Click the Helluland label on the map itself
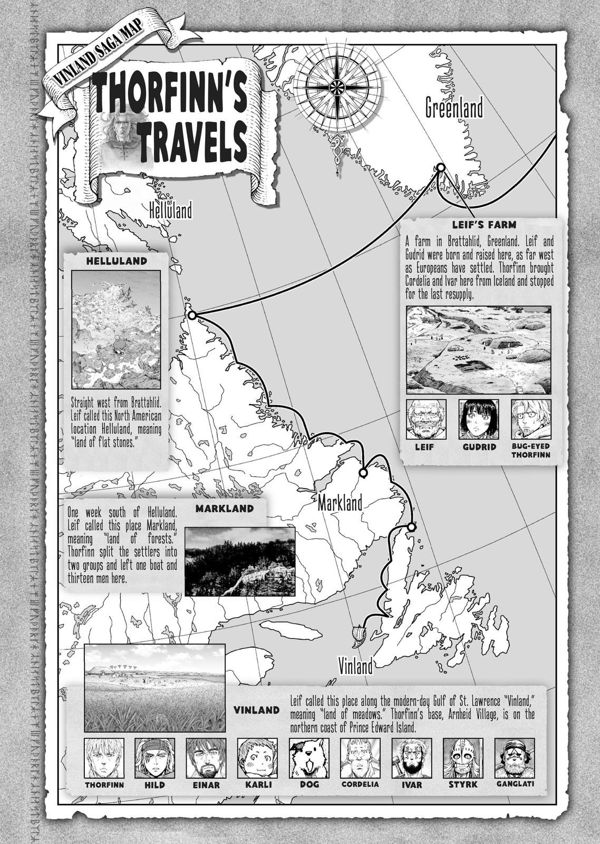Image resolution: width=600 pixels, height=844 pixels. point(170,211)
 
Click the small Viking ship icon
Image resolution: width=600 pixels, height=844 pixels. point(359,635)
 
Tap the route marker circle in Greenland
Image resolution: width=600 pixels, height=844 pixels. point(440,168)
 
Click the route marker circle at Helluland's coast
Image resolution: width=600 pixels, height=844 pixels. point(192,315)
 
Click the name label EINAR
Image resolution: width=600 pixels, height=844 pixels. point(206,784)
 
